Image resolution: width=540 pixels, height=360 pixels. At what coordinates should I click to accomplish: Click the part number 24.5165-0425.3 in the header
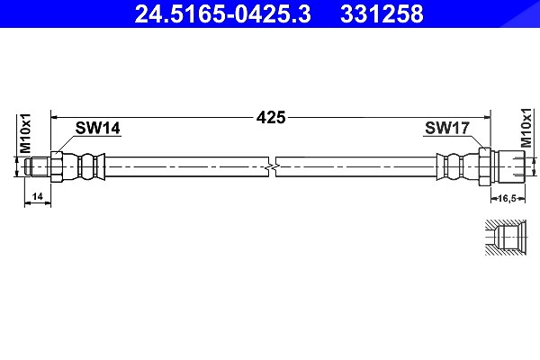coord(222,14)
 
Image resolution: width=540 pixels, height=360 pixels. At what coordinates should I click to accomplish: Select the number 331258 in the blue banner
coord(382,14)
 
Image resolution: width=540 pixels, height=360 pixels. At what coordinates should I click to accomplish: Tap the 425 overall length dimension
coord(271,118)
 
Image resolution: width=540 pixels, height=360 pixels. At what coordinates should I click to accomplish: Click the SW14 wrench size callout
coord(98,128)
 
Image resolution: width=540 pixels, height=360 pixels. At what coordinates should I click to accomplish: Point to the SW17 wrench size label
coord(447,128)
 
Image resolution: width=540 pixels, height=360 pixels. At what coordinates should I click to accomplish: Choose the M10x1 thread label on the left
coord(25,133)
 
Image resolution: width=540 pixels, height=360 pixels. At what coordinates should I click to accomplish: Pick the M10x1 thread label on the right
coord(526,128)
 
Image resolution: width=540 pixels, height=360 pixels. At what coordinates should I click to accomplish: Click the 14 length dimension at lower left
coord(37,196)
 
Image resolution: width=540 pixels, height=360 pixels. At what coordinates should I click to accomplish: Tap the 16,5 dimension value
coord(508,198)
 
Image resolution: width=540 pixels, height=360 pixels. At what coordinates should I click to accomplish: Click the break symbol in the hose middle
coord(272,167)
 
